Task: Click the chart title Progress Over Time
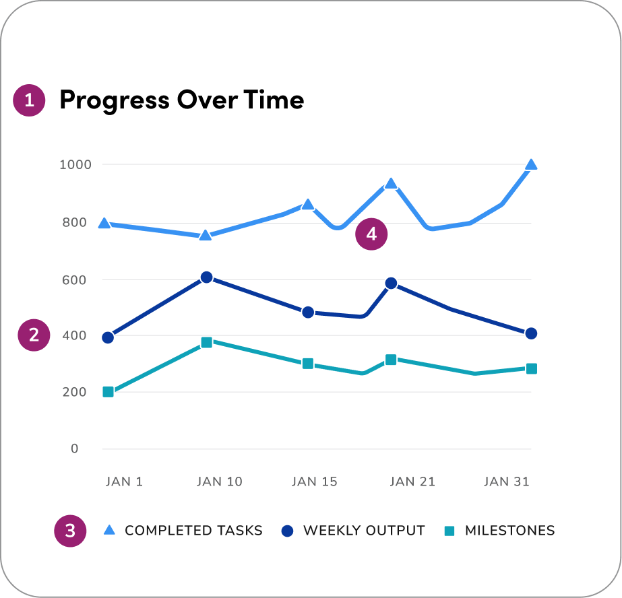pyautogui.click(x=181, y=100)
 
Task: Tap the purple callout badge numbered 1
pyautogui.click(x=29, y=101)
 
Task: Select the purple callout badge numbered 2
pyautogui.click(x=34, y=335)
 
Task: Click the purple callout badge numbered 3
pyautogui.click(x=70, y=531)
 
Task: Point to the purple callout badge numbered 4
pyautogui.click(x=371, y=234)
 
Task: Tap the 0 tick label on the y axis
pyautogui.click(x=74, y=448)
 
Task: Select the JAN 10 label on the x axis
pyautogui.click(x=219, y=481)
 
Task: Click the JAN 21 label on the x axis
pyautogui.click(x=412, y=481)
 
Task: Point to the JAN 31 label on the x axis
pyautogui.click(x=507, y=481)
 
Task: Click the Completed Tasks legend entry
pyautogui.click(x=183, y=531)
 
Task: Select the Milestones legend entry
pyautogui.click(x=500, y=531)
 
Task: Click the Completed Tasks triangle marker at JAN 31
pyautogui.click(x=531, y=165)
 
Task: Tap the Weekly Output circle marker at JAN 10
pyautogui.click(x=207, y=277)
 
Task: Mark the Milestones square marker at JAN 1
pyautogui.click(x=108, y=392)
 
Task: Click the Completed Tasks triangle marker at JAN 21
pyautogui.click(x=391, y=184)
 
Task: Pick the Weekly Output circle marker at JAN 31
pyautogui.click(x=531, y=333)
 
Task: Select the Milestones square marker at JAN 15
pyautogui.click(x=308, y=364)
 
